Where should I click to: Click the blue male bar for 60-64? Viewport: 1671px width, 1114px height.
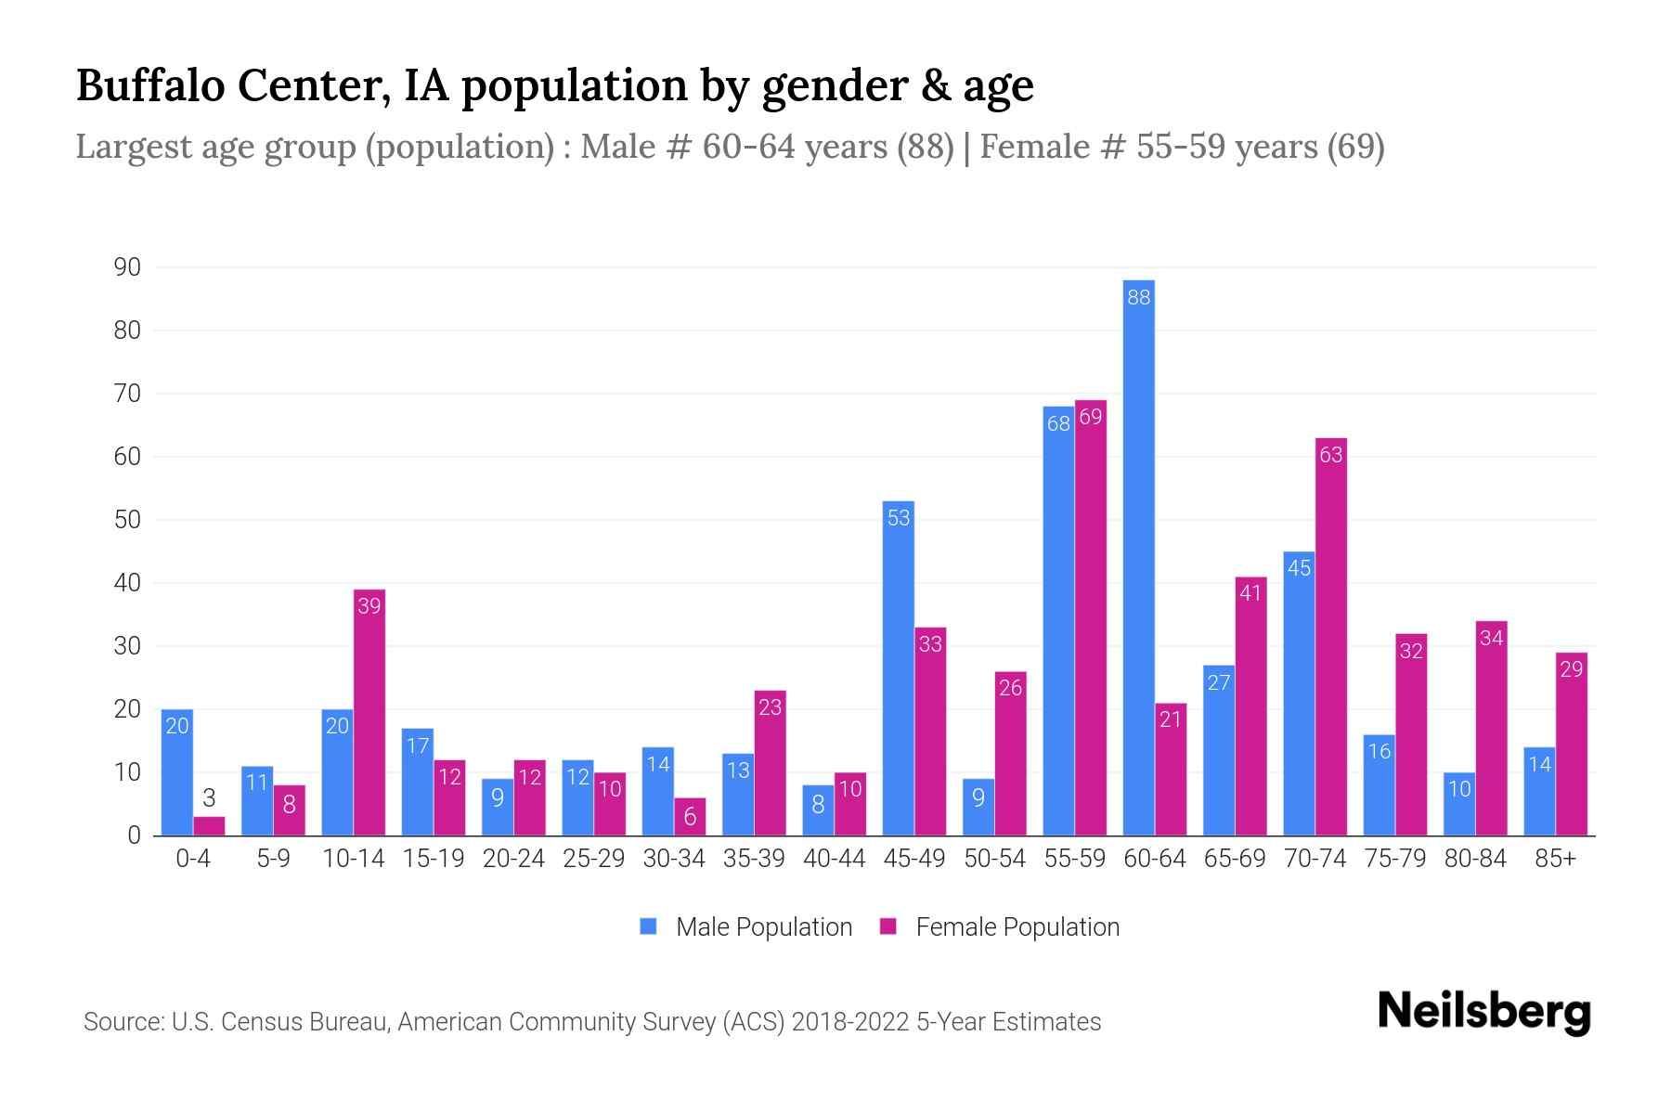click(x=1138, y=557)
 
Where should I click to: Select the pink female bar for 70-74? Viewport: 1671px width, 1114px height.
click(x=1330, y=637)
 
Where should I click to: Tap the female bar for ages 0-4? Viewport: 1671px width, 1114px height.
click(x=209, y=825)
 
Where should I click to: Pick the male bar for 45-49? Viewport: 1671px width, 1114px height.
click(x=898, y=668)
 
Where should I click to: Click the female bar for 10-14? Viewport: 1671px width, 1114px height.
click(x=369, y=712)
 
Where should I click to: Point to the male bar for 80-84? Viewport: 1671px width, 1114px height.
click(x=1458, y=804)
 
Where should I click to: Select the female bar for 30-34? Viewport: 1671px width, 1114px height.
click(x=690, y=816)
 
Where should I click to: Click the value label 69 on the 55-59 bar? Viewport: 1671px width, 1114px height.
click(x=1091, y=417)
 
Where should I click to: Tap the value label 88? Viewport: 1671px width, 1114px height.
click(x=1138, y=297)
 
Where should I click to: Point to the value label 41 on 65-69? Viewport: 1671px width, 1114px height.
click(x=1250, y=592)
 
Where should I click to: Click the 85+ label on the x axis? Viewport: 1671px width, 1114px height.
click(x=1555, y=859)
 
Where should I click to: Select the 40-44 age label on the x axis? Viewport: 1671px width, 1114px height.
click(x=834, y=859)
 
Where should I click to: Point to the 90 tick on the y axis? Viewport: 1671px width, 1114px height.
click(x=127, y=267)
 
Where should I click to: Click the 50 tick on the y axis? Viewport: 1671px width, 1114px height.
click(x=127, y=520)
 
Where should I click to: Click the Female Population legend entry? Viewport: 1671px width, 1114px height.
click(x=1000, y=926)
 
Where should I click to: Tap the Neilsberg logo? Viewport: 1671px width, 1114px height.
click(x=1483, y=1012)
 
